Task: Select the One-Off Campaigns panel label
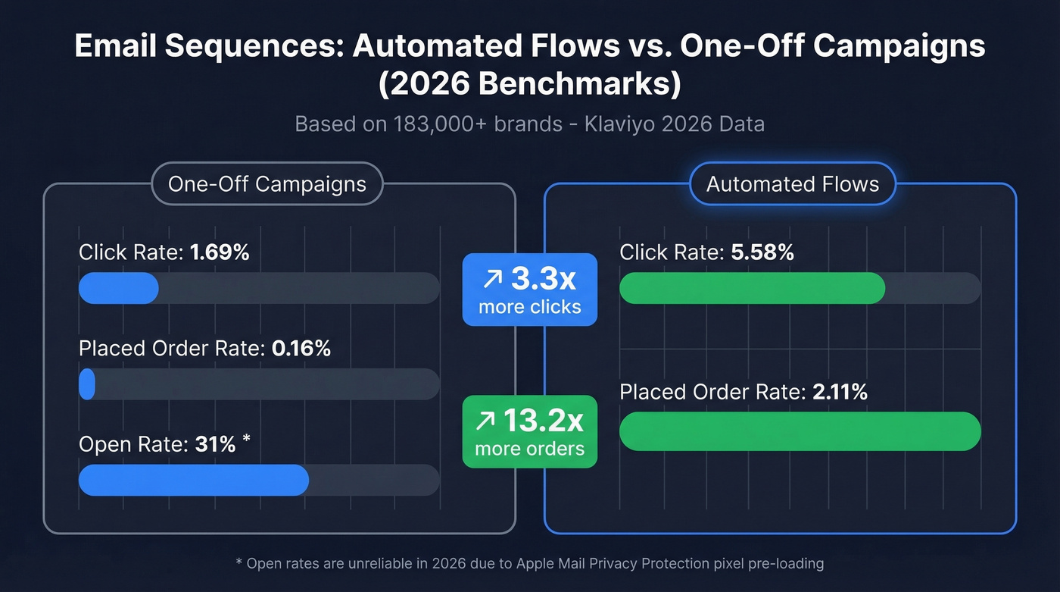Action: (267, 184)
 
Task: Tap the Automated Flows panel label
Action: (792, 184)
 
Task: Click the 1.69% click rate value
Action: (220, 252)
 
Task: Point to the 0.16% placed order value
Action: (301, 349)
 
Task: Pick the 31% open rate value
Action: (215, 444)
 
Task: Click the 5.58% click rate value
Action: (762, 252)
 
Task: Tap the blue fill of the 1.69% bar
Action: (118, 288)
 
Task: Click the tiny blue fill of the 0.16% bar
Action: (87, 384)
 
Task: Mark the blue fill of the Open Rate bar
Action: (193, 480)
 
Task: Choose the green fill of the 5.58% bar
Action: (751, 288)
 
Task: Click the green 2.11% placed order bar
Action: (800, 431)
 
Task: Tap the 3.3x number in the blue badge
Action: (543, 279)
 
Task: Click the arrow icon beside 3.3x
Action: (492, 280)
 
